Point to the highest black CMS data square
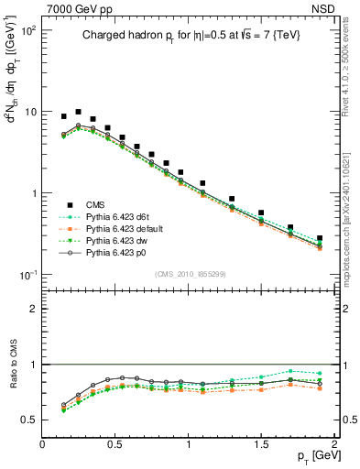pos(78,112)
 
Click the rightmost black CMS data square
pos(320,238)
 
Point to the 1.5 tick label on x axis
pos(261,445)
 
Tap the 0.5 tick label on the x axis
pos(115,445)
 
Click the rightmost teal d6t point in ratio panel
pos(320,373)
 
